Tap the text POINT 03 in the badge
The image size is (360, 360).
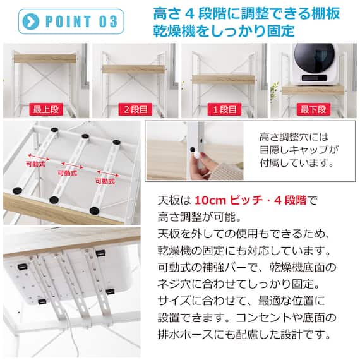tap(81, 21)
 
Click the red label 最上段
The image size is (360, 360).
tap(45, 109)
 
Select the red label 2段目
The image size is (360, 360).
tap(135, 109)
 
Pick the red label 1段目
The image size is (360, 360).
tap(223, 109)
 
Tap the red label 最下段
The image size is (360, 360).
tap(313, 109)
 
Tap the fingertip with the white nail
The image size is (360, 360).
tap(197, 155)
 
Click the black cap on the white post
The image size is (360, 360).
tap(192, 149)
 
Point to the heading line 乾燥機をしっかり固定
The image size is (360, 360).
tap(223, 30)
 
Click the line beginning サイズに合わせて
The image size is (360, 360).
tap(249, 301)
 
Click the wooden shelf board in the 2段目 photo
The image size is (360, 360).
tap(135, 69)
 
